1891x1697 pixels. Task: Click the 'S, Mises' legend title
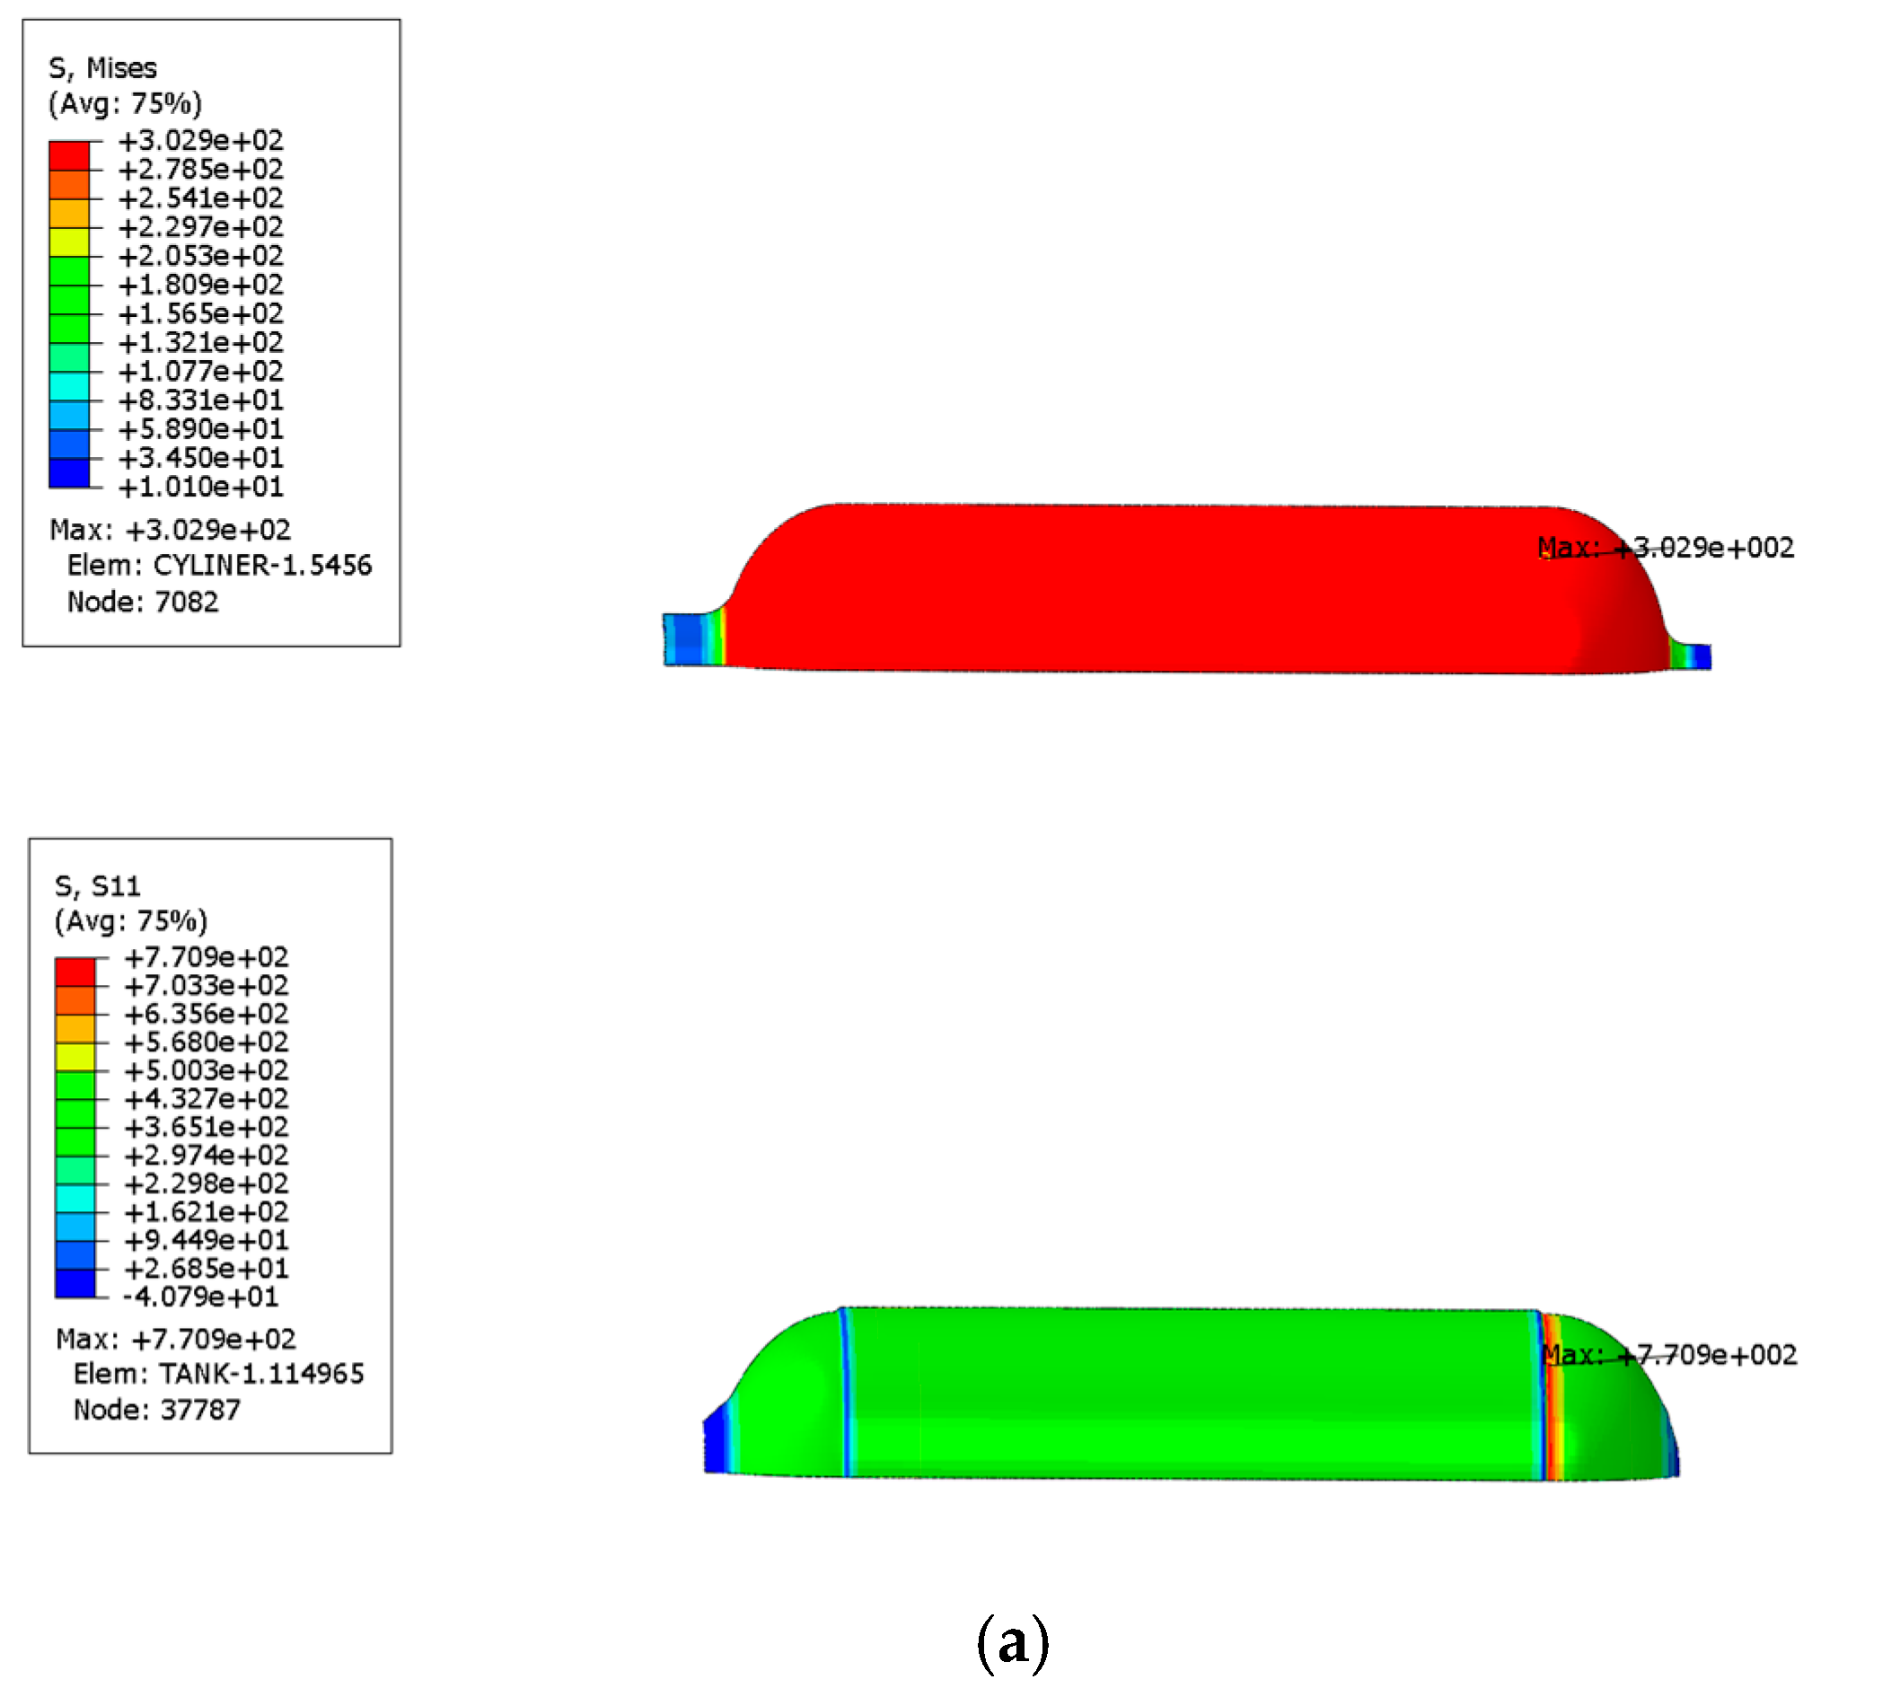point(102,68)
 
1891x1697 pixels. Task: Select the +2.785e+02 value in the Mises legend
point(200,170)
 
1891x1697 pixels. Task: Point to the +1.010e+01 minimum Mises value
point(200,487)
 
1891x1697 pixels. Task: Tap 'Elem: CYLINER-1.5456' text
point(219,565)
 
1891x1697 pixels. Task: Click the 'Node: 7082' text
point(143,602)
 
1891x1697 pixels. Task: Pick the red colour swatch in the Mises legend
point(69,154)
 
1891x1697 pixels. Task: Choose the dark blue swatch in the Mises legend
point(69,472)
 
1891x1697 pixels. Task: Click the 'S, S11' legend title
point(97,886)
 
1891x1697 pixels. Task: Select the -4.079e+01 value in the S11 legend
point(200,1297)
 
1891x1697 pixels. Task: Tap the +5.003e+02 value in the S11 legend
point(207,1070)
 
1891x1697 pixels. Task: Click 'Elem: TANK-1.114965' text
point(218,1375)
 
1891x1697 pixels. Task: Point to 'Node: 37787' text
point(156,1410)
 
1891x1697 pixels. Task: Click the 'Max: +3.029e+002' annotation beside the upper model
point(1666,548)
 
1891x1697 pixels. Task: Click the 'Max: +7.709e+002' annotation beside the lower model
point(1669,1355)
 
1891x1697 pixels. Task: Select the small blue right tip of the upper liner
point(1702,656)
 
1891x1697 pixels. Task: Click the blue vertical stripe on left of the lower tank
point(847,1393)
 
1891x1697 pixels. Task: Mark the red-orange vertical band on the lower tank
point(1551,1399)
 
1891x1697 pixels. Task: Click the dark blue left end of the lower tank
point(717,1441)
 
